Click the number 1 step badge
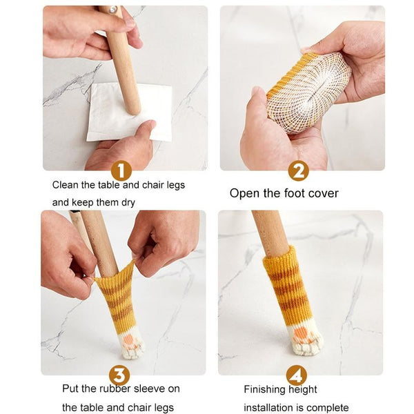pos(121,170)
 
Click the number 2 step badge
pos(298,170)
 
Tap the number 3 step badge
pos(119,375)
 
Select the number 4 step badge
pos(297,375)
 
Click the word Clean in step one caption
pos(66,185)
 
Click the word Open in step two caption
pos(244,193)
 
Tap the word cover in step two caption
pos(323,193)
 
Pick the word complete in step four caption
pos(328,407)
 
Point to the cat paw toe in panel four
pos(305,339)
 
